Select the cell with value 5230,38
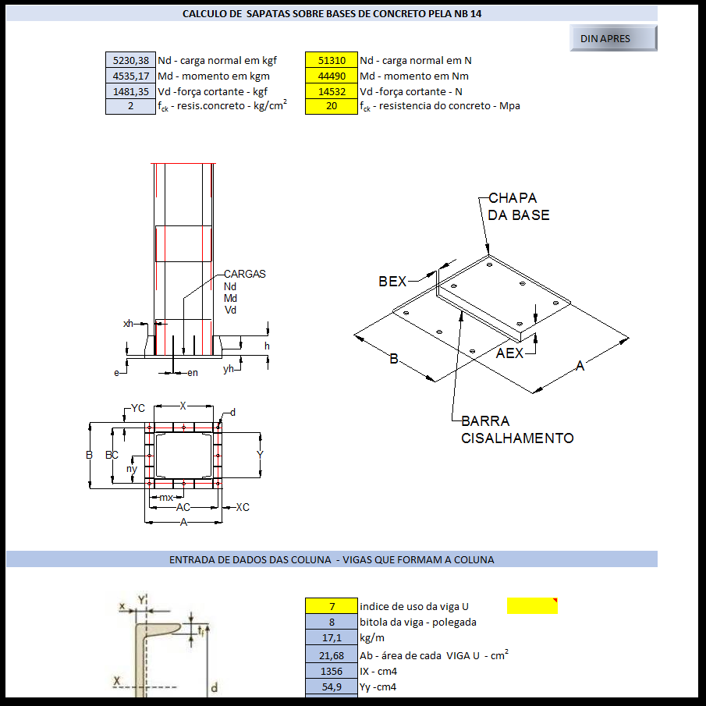pos(130,60)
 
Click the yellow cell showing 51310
pos(332,60)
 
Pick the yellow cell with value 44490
pos(332,76)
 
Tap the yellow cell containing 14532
pos(332,91)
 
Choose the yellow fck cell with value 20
pos(332,106)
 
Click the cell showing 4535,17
pos(130,76)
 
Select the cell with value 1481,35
pos(130,91)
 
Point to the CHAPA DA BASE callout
pos(519,207)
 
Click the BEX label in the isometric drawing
pos(392,282)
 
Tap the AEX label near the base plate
pos(510,353)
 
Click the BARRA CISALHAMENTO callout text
pos(517,430)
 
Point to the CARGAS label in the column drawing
pos(244,274)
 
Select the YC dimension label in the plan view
pos(138,408)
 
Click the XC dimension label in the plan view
pos(243,507)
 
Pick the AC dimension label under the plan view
pos(183,507)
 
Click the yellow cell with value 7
pos(332,606)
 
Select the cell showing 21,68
pos(332,655)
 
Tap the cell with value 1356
pos(332,671)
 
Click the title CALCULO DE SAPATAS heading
pos(332,14)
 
